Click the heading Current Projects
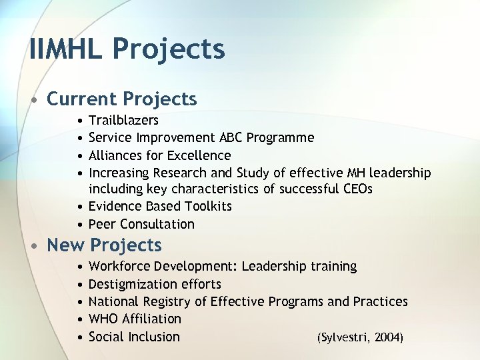point(121,99)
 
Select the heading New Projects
point(104,245)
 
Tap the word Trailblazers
point(123,121)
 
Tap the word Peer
point(102,224)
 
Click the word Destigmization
point(131,284)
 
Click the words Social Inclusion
point(134,337)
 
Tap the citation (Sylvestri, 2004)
point(359,337)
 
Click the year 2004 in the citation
point(389,337)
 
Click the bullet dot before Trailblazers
point(79,121)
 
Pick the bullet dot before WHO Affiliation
point(79,319)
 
